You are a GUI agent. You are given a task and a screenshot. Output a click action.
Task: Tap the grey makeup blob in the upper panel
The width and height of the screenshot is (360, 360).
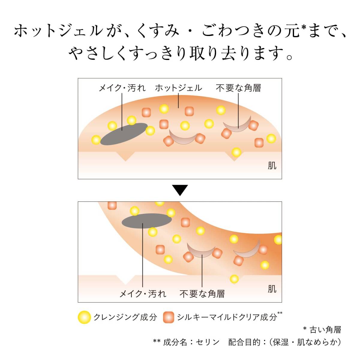coord(124,134)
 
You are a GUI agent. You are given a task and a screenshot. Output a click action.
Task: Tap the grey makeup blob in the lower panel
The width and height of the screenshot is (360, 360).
coord(147,221)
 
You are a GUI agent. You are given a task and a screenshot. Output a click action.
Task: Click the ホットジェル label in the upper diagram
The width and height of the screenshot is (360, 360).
coord(178,88)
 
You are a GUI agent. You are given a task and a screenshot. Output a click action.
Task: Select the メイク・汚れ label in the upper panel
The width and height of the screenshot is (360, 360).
coord(122,88)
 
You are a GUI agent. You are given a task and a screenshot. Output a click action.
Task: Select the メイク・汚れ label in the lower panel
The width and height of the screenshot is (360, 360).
coord(143,294)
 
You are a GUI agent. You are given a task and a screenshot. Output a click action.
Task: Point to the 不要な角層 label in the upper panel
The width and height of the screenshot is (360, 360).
coord(238,88)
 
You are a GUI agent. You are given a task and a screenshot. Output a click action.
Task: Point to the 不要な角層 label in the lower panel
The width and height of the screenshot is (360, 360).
coord(202,294)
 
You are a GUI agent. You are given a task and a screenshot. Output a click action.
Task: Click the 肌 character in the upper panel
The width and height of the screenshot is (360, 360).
coord(272,166)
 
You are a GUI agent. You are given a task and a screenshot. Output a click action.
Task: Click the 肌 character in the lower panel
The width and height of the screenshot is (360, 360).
coord(272,289)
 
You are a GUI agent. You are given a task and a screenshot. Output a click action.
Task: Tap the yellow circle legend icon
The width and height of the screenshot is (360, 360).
coord(84,317)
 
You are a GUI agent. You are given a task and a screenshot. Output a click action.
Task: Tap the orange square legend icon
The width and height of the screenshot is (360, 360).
coord(168,317)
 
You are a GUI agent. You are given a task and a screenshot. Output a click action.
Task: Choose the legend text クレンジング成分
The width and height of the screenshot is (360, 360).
coord(125,317)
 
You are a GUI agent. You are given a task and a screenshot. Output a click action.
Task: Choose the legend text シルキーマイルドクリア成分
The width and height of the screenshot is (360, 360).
coord(227,317)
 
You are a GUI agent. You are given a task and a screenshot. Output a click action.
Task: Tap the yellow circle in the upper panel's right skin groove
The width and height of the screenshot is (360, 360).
coord(236,152)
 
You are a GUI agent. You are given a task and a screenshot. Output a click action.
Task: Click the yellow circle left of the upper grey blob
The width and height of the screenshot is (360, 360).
coord(96,140)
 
